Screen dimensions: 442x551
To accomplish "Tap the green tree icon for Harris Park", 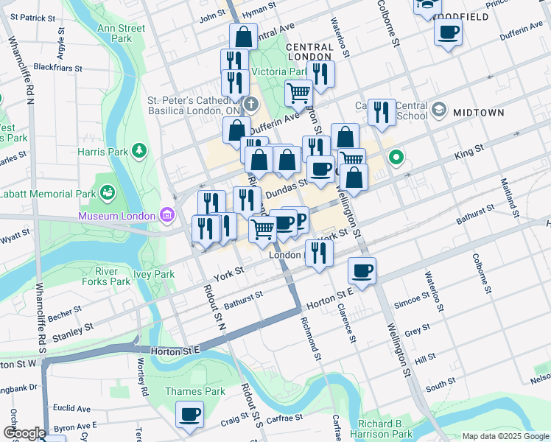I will [139, 151].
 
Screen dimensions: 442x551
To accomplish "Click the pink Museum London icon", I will [166, 216].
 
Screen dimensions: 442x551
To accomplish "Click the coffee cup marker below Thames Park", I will [189, 414].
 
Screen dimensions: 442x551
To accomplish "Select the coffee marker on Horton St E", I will [362, 270].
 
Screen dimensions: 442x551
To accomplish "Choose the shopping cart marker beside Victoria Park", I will [298, 93].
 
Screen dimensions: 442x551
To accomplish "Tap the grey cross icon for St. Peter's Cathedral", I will [251, 102].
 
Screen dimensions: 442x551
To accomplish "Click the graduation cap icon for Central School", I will [439, 110].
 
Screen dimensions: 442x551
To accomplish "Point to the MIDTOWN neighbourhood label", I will [478, 113].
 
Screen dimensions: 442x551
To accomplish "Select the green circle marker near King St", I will [396, 157].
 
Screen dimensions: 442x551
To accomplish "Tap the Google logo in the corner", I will [24, 433].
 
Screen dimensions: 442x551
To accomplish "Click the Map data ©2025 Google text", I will [505, 436].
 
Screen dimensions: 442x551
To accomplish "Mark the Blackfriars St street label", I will [58, 66].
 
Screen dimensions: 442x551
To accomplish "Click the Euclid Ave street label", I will [70, 407].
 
